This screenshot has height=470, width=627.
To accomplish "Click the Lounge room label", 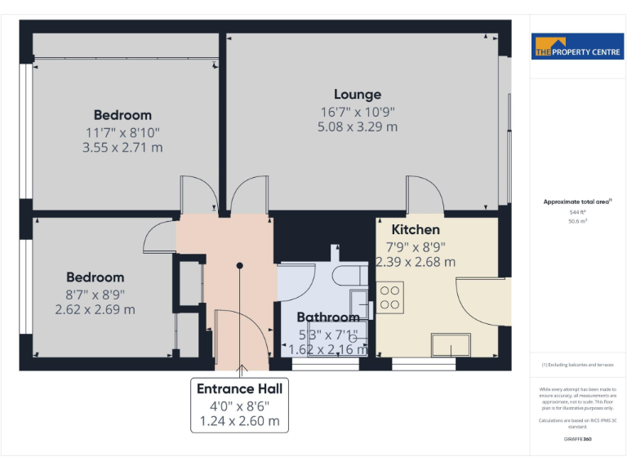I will [x=358, y=95].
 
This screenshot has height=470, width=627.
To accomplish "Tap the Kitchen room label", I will [x=416, y=230].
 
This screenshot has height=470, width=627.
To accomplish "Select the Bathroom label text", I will [x=328, y=317].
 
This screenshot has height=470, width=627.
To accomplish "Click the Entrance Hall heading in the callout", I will [x=239, y=389].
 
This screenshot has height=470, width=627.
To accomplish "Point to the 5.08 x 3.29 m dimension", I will [x=358, y=126].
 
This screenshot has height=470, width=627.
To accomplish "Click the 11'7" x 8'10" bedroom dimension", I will [x=122, y=131].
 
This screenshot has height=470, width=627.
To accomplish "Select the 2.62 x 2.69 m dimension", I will [x=95, y=310].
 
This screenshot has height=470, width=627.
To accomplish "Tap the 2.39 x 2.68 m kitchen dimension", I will [x=416, y=262].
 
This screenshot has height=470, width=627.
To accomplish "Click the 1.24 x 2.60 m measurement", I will [x=239, y=421].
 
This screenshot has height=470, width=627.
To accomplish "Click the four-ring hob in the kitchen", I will [x=389, y=296].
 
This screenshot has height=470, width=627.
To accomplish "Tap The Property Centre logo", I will [x=577, y=47].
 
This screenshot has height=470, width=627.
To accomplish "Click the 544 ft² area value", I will [x=577, y=212].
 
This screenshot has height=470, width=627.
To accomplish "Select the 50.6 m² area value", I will [x=577, y=221].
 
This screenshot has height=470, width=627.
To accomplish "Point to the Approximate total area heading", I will [x=577, y=202].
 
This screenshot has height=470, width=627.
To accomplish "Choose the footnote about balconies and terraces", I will [x=577, y=365].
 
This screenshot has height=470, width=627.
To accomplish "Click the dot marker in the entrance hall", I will [x=239, y=266].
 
